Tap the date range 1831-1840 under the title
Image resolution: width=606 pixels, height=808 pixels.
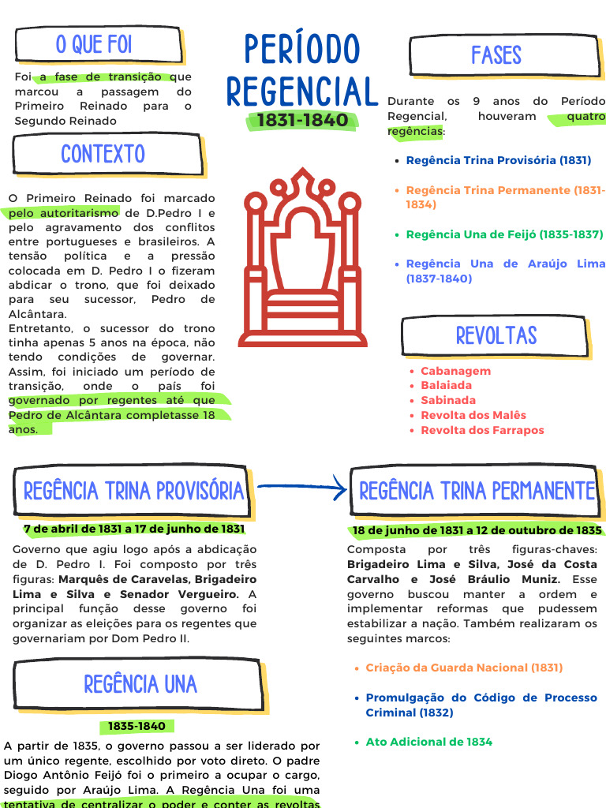302,121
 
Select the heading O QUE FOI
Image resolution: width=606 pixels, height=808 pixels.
94,45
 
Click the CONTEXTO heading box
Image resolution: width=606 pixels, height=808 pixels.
103,154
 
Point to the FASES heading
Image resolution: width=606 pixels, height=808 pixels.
496,55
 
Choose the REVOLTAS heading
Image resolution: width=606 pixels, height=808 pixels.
496,335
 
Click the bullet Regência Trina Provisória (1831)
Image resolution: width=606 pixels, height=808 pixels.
499,160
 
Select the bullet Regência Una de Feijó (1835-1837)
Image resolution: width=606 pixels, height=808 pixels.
504,234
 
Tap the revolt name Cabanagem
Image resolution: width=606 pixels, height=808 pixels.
455,371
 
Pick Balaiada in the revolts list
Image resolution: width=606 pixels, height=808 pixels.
446,385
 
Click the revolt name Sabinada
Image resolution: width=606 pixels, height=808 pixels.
448,400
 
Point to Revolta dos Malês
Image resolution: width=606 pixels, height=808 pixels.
473,415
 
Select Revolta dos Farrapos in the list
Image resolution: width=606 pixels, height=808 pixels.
482,430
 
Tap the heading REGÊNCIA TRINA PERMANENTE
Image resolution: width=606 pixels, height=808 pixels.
477,491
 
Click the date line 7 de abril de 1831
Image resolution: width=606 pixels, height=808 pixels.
134,529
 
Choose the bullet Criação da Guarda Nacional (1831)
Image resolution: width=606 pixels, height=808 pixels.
464,668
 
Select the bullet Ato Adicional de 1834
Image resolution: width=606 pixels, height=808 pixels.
428,742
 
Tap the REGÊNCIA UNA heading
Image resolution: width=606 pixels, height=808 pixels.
140,684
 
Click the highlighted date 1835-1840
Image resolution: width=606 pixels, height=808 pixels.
137,726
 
